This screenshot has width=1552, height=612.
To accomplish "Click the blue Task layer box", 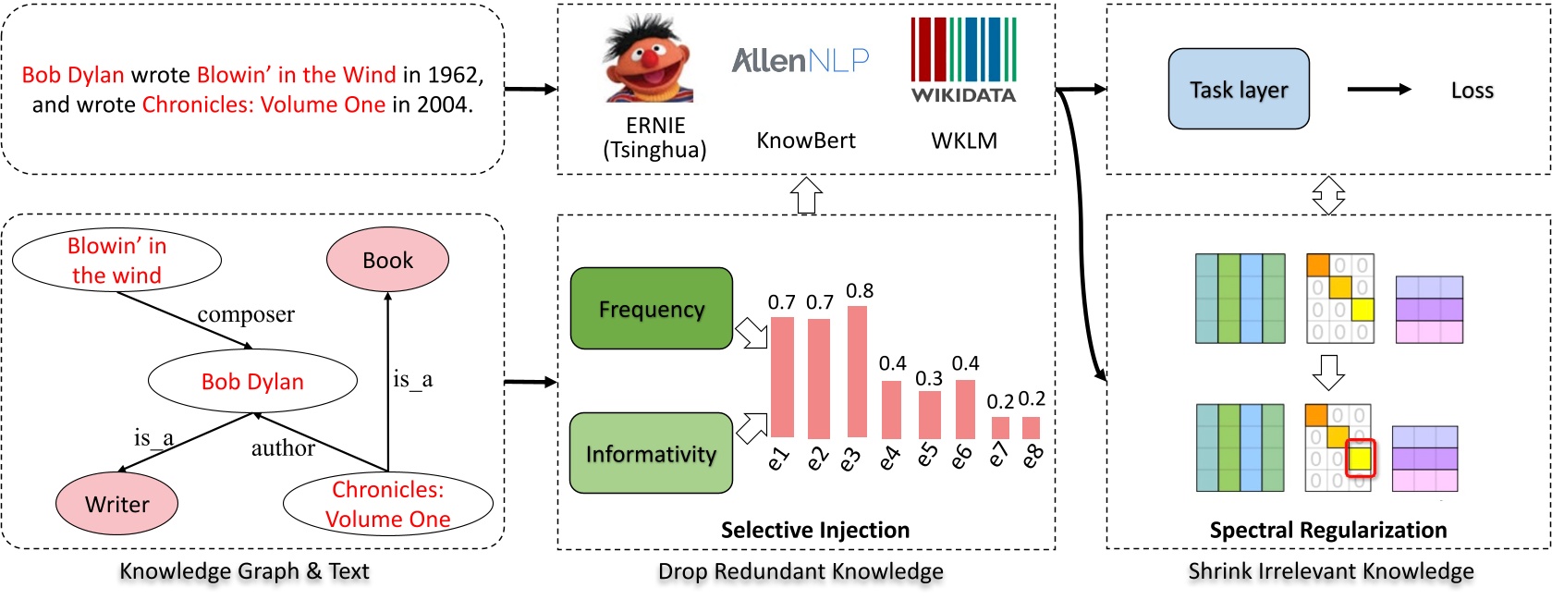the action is click(x=1239, y=89).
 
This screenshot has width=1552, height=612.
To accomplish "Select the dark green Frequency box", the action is click(x=652, y=309).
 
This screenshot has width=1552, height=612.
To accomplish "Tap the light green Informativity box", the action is click(x=651, y=453).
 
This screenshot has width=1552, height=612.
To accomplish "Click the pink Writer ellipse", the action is click(x=116, y=503).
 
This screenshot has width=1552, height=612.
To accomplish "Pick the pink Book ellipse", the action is click(x=387, y=260).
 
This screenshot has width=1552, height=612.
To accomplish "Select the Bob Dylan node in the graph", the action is click(x=252, y=381).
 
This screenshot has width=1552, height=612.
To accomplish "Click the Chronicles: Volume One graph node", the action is click(x=388, y=504).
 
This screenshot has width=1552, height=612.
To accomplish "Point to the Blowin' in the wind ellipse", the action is click(x=116, y=260).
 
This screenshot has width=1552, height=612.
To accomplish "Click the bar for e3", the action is click(x=857, y=372).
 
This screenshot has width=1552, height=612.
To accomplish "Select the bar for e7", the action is click(x=1000, y=428).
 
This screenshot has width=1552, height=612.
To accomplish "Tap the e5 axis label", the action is click(x=926, y=456).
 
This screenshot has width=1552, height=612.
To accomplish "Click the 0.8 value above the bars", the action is click(x=859, y=291).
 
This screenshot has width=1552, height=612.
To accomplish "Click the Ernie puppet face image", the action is click(x=648, y=59).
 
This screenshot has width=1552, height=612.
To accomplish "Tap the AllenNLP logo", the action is click(x=800, y=60).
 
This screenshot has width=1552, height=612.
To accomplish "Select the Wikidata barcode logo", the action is click(x=963, y=60).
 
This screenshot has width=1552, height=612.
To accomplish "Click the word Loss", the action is click(x=1473, y=90).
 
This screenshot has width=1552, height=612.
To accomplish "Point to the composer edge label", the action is click(x=246, y=314).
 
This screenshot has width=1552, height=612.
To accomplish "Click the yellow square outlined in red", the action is click(x=1360, y=459).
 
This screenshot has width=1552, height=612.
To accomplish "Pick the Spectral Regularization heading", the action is click(x=1328, y=530).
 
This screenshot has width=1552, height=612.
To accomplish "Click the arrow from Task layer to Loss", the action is click(x=1379, y=89).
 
